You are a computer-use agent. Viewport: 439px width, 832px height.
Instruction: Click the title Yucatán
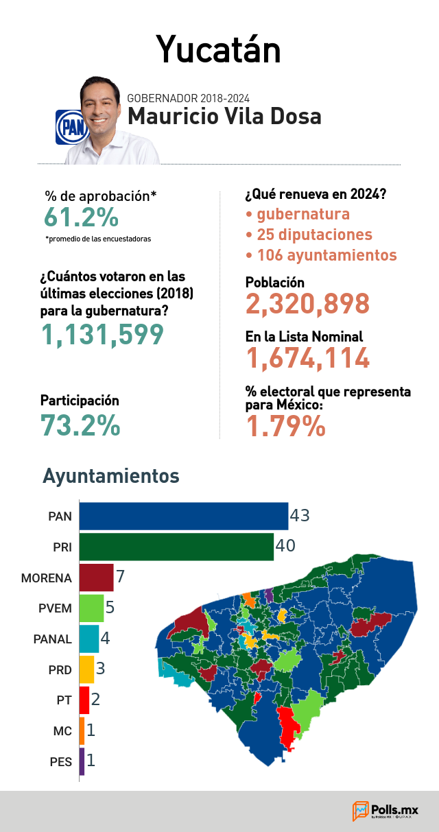pos(218,50)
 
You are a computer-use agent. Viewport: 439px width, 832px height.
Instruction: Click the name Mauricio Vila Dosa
pos(224,116)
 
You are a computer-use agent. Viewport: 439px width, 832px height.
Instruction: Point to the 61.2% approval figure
pos(82,217)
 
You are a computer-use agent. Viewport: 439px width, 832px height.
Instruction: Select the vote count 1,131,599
pos(102,334)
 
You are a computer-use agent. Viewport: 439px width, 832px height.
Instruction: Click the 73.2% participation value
pos(80,425)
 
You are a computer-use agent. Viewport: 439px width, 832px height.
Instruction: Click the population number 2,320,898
pos(307,304)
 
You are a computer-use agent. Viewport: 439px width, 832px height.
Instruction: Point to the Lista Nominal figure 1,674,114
pos(308,358)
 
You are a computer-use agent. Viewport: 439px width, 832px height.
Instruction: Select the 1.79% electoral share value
pos(286,426)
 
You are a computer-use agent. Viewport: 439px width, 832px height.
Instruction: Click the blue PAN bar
pos(184,516)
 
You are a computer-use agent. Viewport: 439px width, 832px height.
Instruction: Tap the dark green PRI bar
pos(176,547)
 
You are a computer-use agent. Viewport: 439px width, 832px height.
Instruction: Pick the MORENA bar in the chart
pos(96,578)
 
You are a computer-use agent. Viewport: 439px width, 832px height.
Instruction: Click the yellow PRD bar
pos(86,669)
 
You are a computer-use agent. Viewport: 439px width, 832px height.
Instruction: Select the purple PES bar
pos(82,761)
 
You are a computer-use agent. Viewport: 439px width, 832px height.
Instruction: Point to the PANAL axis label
pos(52,639)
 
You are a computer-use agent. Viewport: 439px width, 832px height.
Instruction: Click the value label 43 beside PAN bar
pos(300,516)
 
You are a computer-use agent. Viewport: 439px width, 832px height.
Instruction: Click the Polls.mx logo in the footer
pos(385,811)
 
